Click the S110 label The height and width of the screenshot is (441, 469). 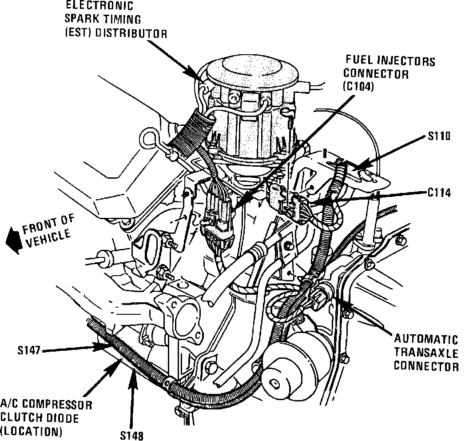click(x=439, y=136)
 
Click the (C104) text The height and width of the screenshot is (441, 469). click(x=358, y=87)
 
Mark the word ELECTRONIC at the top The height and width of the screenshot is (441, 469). click(x=99, y=6)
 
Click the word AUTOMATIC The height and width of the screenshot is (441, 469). click(x=426, y=340)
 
